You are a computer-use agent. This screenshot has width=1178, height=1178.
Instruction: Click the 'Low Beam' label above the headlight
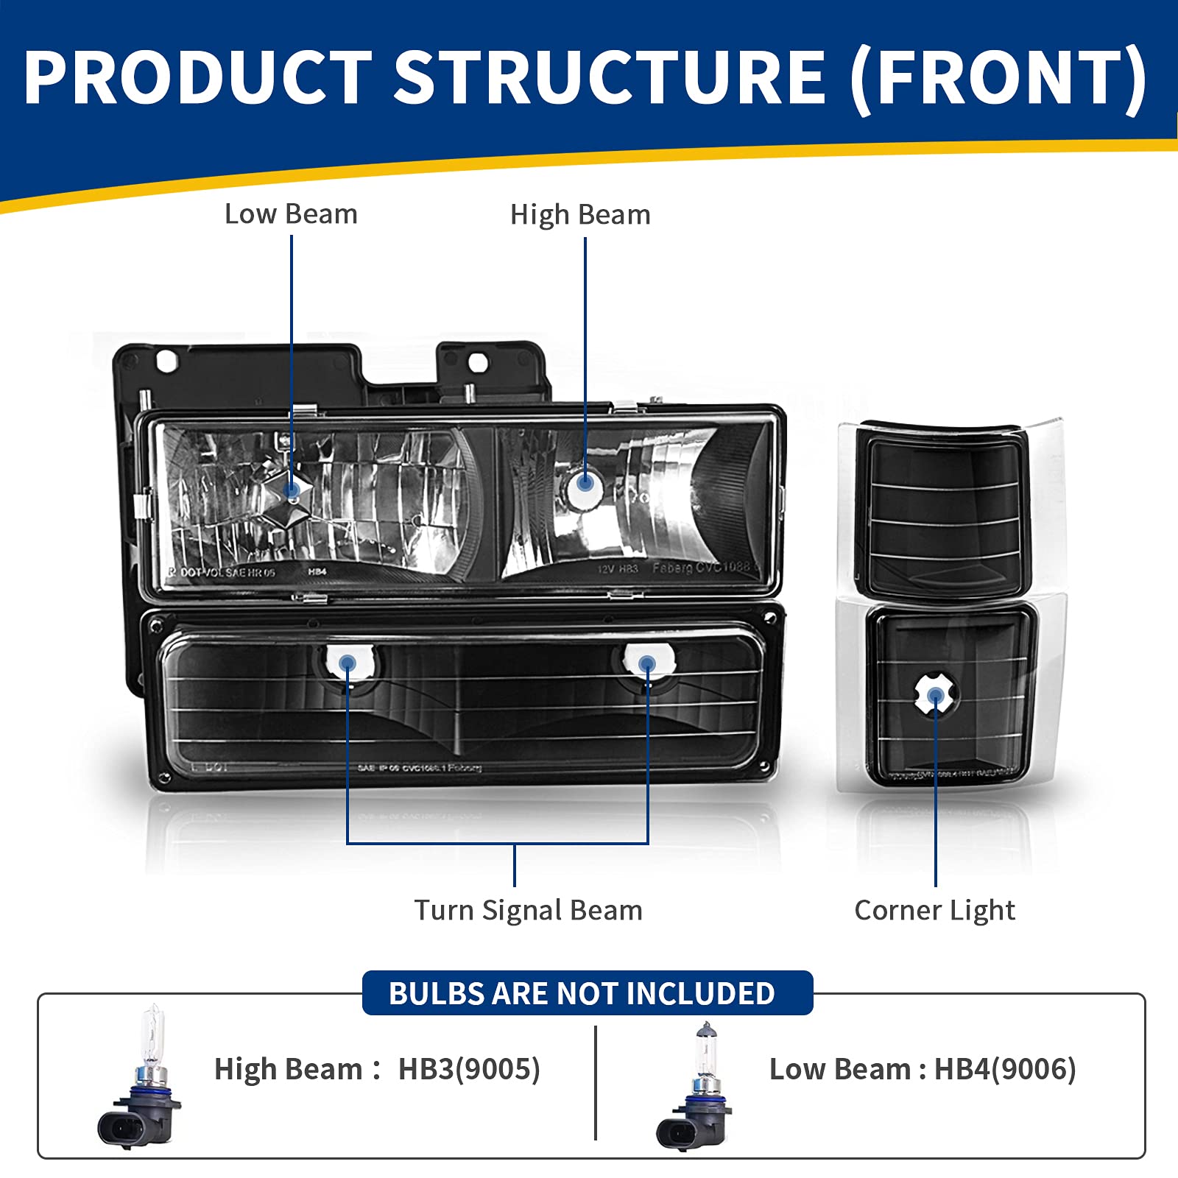[x=291, y=214]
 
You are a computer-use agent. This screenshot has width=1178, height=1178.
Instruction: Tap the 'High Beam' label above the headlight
[x=580, y=215]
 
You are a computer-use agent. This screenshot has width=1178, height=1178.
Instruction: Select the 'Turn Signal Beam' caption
[x=528, y=911]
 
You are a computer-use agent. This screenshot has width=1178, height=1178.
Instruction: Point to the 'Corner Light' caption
[x=934, y=911]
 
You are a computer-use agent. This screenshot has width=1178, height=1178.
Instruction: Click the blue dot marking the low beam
[x=292, y=489]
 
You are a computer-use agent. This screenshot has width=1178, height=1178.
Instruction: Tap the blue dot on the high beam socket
[x=585, y=482]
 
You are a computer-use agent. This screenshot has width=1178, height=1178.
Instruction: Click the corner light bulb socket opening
[x=935, y=696]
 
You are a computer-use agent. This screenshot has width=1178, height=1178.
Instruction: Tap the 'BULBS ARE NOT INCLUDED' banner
[x=582, y=993]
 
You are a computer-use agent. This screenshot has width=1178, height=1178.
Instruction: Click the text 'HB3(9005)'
[x=469, y=1069]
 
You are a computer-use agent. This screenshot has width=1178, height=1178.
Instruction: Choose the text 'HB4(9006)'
[x=1005, y=1069]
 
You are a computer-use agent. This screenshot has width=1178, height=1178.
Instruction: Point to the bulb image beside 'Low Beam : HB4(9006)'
[x=696, y=1086]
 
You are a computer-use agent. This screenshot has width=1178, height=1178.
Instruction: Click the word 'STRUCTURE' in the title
[x=610, y=77]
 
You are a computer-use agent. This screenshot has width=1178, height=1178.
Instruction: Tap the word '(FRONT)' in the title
[x=998, y=77]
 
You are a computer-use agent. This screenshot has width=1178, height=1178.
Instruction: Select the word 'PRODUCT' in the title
[x=199, y=77]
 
